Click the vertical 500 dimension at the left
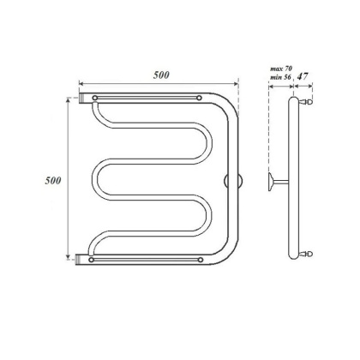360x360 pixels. tap(53, 181)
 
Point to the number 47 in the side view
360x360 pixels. tap(303, 75)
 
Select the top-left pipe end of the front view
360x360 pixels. tap(84, 99)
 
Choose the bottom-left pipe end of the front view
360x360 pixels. tap(84, 256)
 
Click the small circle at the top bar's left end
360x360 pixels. tap(95, 98)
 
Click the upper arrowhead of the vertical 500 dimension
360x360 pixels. tap(68, 100)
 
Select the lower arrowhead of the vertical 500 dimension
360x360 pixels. tap(68, 257)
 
